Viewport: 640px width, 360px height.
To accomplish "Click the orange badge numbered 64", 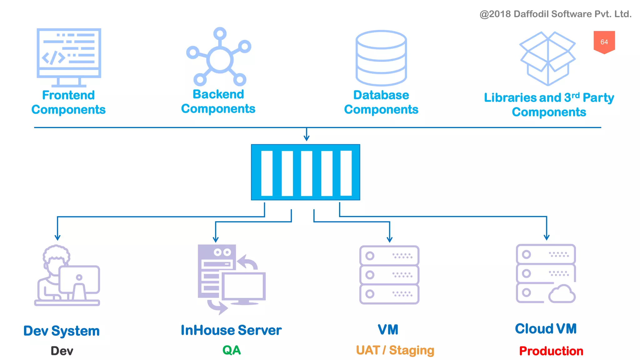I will pos(604,42).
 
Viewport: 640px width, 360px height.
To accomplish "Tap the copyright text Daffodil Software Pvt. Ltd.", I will pos(555,14).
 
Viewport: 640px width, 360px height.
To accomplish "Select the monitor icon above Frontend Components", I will pos(69,56).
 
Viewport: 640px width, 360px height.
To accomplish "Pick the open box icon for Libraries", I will pos(547,58).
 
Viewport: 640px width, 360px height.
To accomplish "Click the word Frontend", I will pos(68,95).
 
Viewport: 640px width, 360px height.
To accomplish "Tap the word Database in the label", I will pos(381,95).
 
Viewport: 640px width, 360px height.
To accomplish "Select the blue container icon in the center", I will pos(306,172).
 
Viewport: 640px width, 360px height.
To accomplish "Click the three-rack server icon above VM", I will pos(389,275).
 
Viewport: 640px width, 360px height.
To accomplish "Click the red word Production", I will pos(551,351).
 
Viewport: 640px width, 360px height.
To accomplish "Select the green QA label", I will pos(232,350).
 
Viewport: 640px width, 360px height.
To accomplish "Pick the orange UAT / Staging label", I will pos(395,350).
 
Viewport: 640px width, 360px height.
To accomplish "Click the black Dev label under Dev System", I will pos(62,351).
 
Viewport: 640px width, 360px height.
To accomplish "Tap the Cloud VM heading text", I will pos(546,329).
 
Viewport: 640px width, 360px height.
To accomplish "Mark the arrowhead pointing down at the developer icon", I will pos(57,238).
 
